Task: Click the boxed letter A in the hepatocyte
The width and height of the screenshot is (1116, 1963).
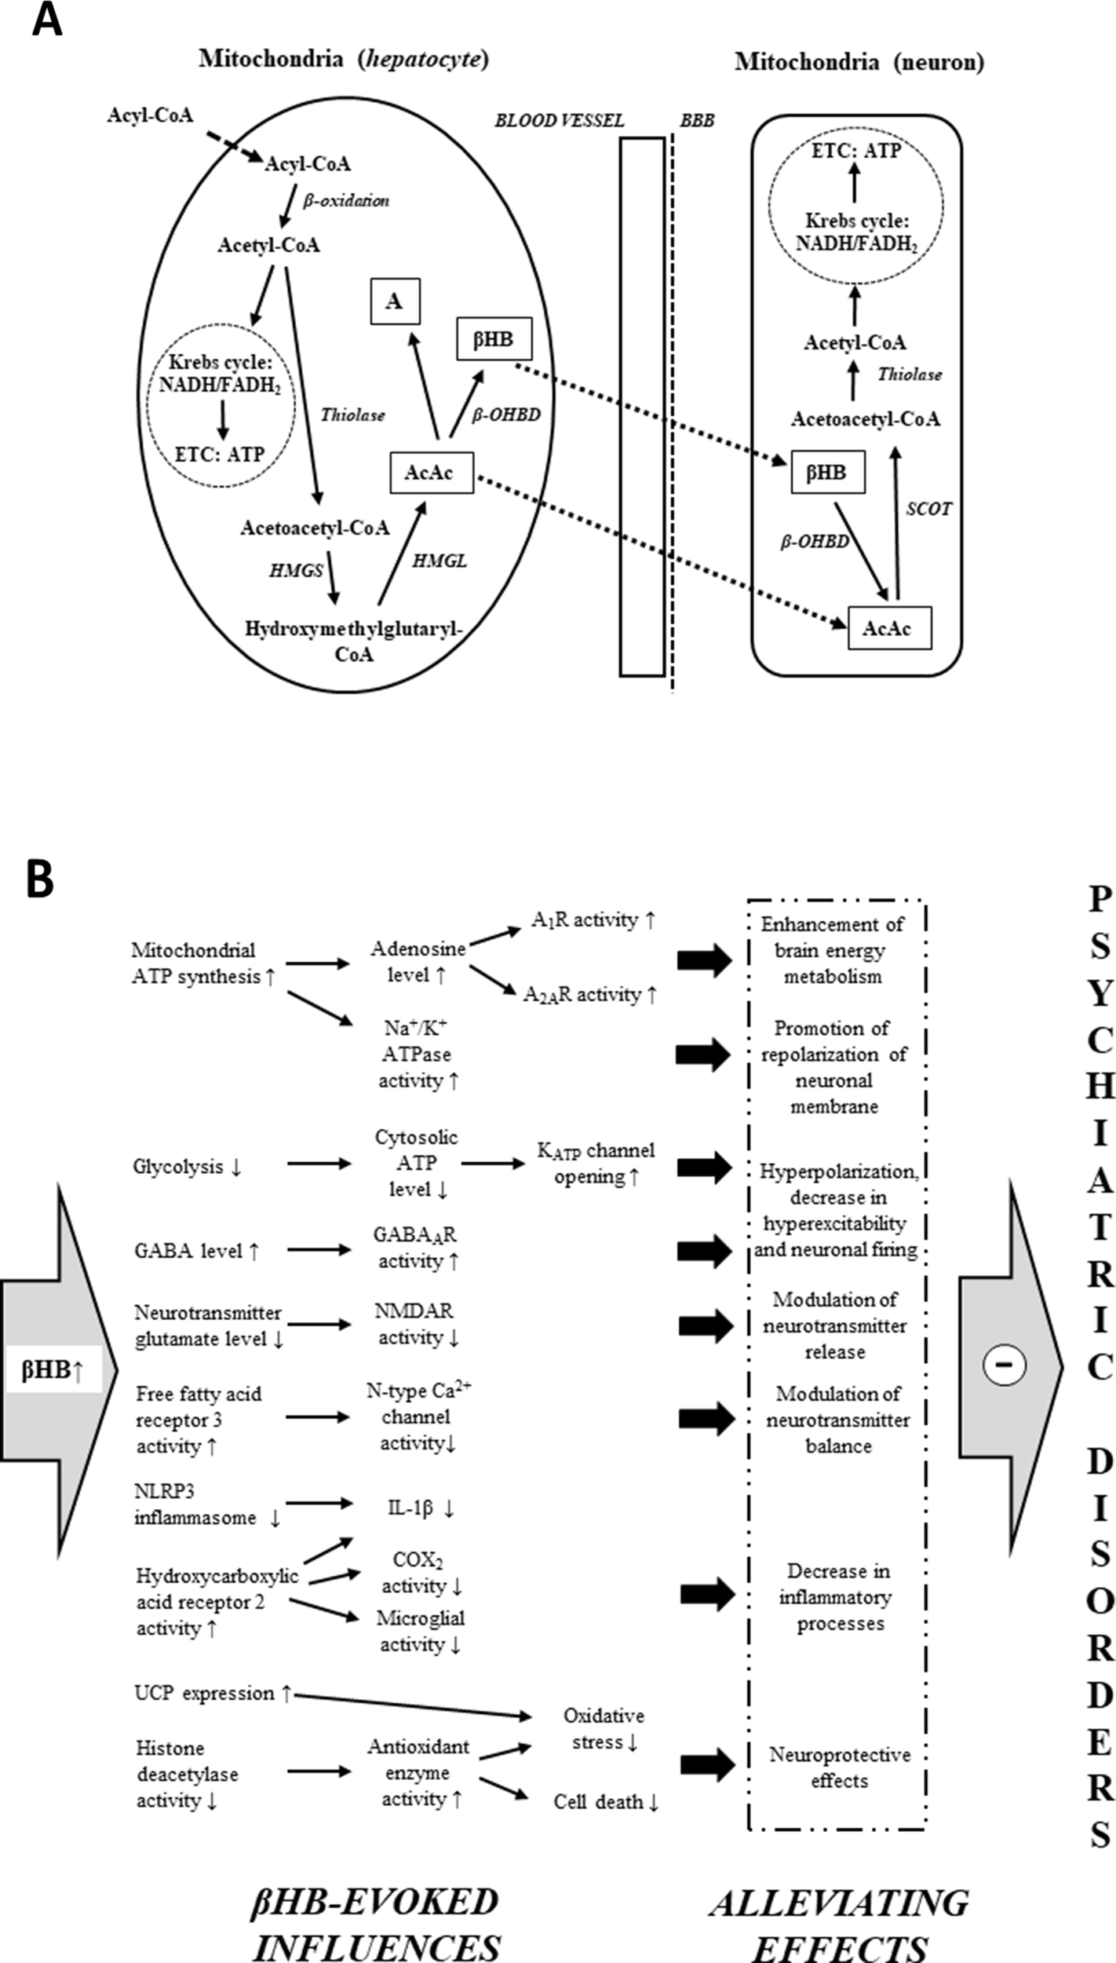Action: pos(395,302)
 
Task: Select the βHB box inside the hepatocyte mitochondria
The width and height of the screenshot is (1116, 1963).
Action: pos(494,339)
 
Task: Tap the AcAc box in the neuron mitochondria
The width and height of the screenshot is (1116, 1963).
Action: pos(889,628)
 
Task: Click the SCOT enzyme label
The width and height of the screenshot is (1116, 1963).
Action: pos(928,509)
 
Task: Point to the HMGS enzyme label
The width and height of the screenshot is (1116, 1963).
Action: pos(296,571)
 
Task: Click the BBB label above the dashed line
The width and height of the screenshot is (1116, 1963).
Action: pos(697,121)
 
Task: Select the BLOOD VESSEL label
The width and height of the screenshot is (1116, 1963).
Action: pos(559,120)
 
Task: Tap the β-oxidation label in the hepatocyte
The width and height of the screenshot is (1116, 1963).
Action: pos(345,200)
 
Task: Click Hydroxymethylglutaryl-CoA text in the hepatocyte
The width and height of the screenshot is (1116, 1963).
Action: pos(354,641)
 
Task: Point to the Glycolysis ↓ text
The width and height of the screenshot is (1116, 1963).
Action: pos(188,1167)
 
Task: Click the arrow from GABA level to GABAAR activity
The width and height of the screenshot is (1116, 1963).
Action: pos(318,1250)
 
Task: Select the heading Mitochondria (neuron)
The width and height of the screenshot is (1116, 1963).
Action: pos(859,63)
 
